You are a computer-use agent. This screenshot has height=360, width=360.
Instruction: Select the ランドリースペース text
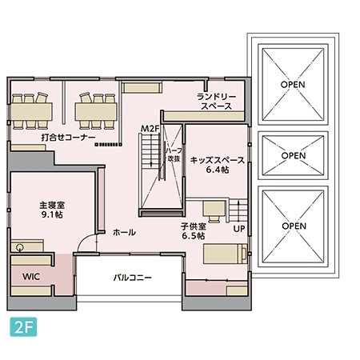(x=216, y=101)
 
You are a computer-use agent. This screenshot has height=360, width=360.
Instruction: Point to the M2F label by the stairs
(x=150, y=129)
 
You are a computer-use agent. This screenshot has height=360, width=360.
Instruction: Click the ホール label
(x=124, y=233)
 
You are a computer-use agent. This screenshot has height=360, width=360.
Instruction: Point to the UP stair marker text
(x=238, y=229)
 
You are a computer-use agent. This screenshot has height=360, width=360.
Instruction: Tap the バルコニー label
(x=132, y=278)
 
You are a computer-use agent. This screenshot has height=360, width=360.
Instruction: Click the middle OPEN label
(x=294, y=155)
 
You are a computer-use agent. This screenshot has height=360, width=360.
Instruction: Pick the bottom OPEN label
(x=294, y=226)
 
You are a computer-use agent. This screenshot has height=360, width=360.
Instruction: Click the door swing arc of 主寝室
(x=88, y=242)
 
